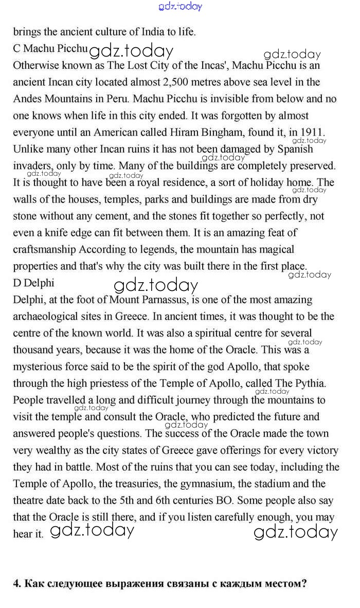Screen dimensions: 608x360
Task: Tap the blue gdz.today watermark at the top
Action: pyautogui.click(x=181, y=7)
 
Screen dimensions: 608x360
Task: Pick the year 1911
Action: pyautogui.click(x=312, y=132)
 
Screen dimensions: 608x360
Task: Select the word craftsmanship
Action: pyautogui.click(x=45, y=250)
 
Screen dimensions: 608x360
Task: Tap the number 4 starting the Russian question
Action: pyautogui.click(x=16, y=584)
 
